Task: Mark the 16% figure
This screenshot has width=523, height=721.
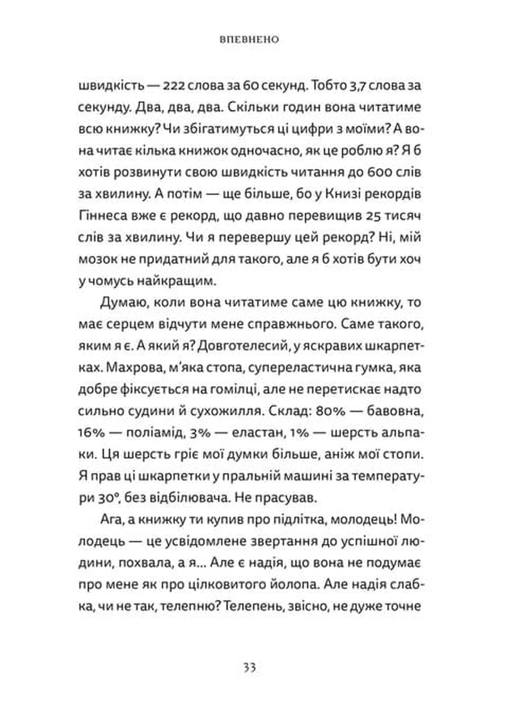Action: tap(92, 433)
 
